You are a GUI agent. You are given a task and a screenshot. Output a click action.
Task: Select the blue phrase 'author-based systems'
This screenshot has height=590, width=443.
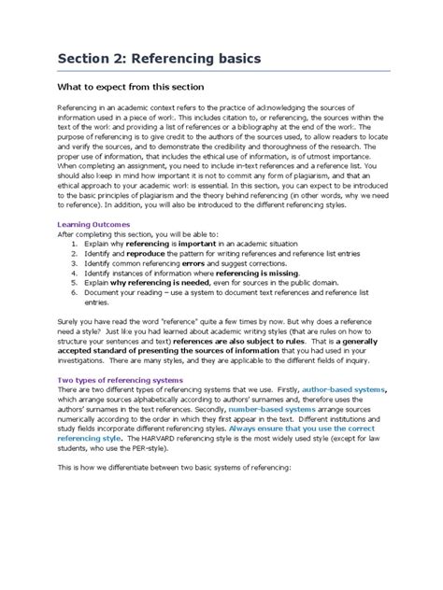332,390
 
